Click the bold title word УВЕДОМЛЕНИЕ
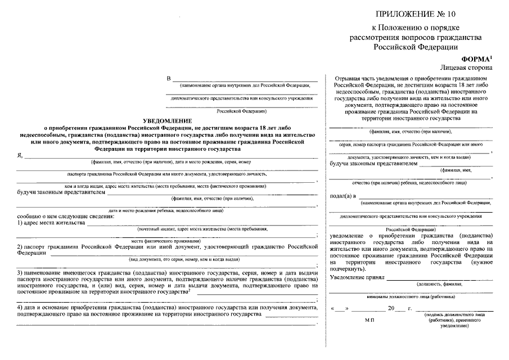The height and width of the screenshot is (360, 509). point(168,120)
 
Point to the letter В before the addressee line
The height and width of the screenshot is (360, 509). point(168,78)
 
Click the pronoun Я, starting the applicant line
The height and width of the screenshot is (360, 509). point(20,155)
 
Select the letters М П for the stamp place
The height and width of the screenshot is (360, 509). point(369,319)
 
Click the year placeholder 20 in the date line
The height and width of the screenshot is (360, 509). point(391,309)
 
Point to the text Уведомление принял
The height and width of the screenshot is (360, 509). point(357,277)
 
